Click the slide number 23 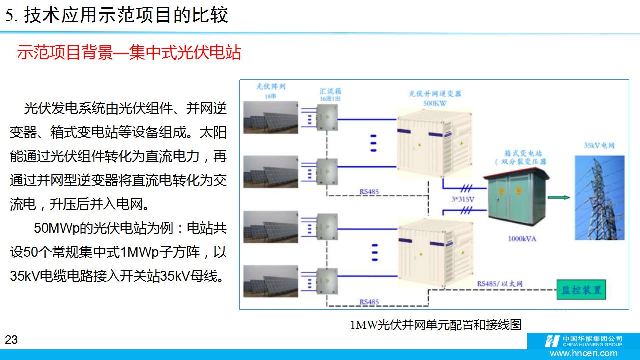[x=11, y=340]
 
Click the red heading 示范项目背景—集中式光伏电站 [x=129, y=52]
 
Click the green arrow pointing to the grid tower [x=562, y=198]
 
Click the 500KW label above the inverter [x=435, y=103]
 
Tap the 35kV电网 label [x=599, y=146]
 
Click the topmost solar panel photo [x=270, y=118]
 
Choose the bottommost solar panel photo [x=270, y=282]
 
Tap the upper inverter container [x=434, y=145]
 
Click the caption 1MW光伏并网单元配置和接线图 [x=435, y=325]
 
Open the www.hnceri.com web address [x=586, y=353]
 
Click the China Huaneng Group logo [x=583, y=341]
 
